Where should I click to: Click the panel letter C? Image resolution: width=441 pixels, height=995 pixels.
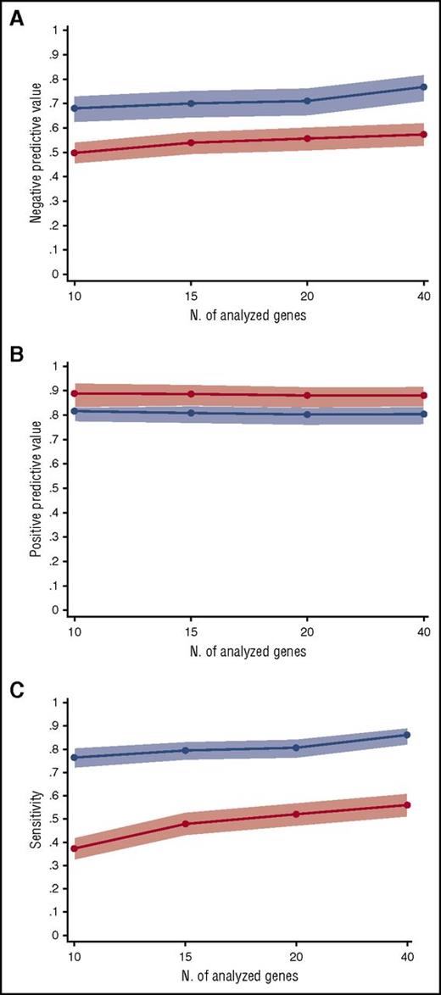click(15, 689)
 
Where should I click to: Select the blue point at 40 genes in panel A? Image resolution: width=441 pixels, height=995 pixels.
click(424, 87)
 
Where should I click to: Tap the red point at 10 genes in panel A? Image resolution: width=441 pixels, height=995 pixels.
click(74, 153)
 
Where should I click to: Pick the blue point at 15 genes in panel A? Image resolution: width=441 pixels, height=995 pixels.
click(191, 103)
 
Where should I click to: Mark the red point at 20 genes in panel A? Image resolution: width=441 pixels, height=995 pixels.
click(307, 138)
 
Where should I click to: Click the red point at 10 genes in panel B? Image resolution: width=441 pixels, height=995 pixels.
click(74, 393)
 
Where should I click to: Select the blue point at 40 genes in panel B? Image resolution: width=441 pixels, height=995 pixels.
click(424, 414)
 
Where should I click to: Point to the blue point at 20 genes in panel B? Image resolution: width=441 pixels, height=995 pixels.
click(307, 414)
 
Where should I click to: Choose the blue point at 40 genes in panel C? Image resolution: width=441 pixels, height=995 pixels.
click(407, 735)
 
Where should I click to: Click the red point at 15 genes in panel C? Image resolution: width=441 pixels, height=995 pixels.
click(185, 824)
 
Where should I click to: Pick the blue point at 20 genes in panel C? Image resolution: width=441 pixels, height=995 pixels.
click(296, 748)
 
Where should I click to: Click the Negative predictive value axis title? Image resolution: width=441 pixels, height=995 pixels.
click(36, 153)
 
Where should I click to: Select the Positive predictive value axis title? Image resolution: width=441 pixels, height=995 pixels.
click(36, 487)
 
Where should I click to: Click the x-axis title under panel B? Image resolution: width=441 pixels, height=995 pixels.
click(248, 652)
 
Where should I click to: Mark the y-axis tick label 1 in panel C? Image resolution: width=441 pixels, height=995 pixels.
click(54, 703)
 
